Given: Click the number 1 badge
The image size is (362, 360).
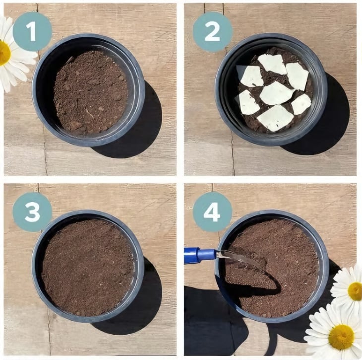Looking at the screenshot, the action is point(32,32).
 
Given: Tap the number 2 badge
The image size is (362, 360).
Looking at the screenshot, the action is point(212,32).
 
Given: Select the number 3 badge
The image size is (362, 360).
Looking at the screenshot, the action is point(32,212).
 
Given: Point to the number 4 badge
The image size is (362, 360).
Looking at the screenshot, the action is point(212,212).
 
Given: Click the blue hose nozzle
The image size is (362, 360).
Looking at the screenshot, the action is point(200,255).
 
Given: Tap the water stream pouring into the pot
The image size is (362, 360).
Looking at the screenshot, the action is point(240,259).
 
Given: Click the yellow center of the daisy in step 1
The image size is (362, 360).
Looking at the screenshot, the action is point(4,53).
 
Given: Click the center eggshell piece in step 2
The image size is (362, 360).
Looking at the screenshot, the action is point(276,93).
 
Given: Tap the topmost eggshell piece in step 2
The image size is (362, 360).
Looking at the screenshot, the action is point(272,64).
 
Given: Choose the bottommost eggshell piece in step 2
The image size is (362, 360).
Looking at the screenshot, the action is point(275,118).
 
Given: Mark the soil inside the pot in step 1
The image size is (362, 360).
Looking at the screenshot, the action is point(91,92).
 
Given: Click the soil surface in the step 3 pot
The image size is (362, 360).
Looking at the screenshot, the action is point(88,268).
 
